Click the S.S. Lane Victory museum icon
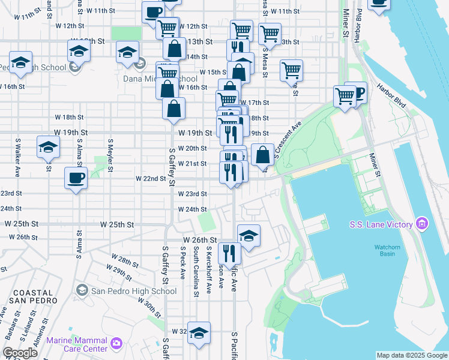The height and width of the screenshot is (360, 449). (422, 224)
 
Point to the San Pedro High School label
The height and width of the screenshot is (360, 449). (134, 291)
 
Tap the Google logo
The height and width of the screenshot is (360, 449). (20, 353)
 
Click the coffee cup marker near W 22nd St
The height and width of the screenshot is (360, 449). (76, 178)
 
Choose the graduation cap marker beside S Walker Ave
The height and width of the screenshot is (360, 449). (48, 147)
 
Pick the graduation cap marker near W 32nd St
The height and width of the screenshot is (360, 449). (199, 334)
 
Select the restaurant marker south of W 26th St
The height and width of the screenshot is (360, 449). (229, 253)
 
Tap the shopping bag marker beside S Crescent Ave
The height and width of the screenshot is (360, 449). (263, 154)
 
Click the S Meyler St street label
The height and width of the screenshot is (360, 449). (110, 155)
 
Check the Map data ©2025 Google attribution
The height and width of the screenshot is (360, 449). (412, 355)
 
